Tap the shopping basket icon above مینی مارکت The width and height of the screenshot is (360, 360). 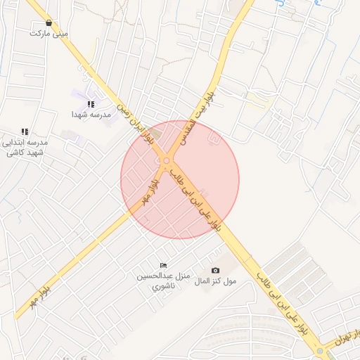[x=48, y=22]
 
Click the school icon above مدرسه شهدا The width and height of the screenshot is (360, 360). [x=91, y=104]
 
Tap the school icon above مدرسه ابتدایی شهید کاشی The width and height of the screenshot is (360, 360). [x=25, y=131]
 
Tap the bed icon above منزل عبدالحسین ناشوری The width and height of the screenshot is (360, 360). [x=164, y=265]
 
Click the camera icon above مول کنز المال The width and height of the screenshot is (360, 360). [x=215, y=271]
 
